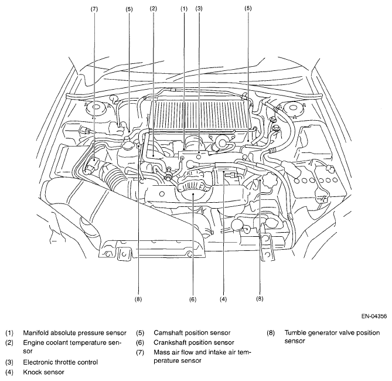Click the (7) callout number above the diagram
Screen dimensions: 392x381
94,9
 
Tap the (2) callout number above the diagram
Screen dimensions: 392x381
154,9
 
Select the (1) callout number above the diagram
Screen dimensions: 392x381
184,9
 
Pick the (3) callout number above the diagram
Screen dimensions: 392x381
199,9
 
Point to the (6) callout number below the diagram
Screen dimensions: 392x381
193,299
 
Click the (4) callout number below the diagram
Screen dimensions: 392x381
223,299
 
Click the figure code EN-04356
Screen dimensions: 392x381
374,316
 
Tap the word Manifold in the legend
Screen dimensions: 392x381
36,333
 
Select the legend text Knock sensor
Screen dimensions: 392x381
44,372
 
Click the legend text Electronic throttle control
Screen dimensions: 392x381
60,362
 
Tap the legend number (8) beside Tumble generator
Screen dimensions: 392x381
271,333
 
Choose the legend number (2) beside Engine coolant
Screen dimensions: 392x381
9,342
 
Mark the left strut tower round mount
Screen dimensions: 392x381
95,108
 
